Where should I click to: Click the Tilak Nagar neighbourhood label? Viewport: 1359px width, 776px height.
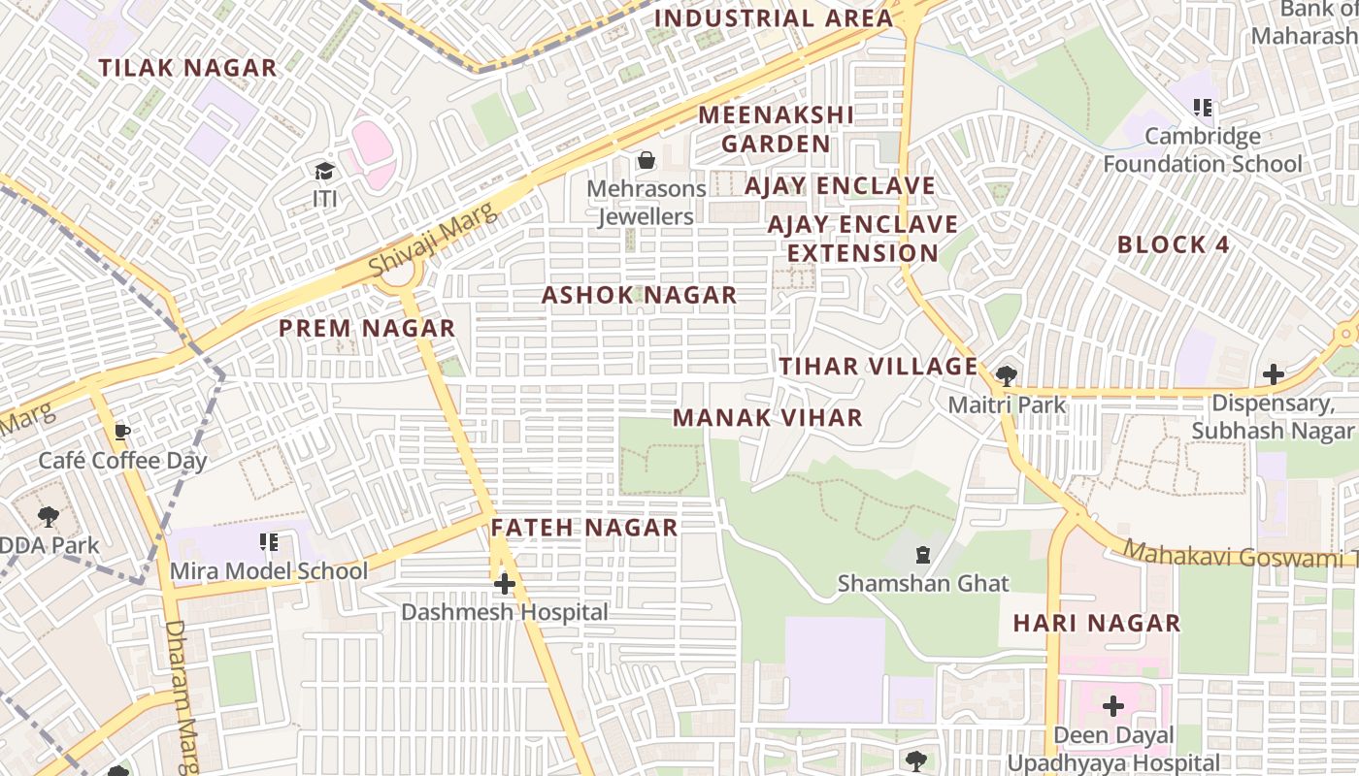pyautogui.click(x=187, y=68)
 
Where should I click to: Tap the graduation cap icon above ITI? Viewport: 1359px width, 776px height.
pyautogui.click(x=324, y=172)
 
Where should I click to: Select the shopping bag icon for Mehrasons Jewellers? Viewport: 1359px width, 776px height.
pyautogui.click(x=646, y=160)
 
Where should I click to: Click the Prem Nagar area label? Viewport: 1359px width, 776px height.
pyautogui.click(x=367, y=329)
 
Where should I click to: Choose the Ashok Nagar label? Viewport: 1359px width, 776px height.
pyautogui.click(x=639, y=296)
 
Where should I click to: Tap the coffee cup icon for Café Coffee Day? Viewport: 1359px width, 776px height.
pyautogui.click(x=122, y=432)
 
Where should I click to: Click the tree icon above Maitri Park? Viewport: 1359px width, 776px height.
pyautogui.click(x=1006, y=375)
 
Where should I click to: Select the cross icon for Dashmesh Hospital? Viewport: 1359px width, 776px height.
pyautogui.click(x=505, y=584)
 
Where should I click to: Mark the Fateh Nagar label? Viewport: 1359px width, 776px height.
pyautogui.click(x=583, y=528)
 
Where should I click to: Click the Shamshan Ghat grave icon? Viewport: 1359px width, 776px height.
pyautogui.click(x=922, y=555)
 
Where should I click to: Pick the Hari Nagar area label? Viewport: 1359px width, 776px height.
pyautogui.click(x=1097, y=623)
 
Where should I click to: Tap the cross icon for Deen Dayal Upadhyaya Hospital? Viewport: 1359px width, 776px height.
pyautogui.click(x=1112, y=706)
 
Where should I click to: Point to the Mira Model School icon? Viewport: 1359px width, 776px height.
pyautogui.click(x=269, y=542)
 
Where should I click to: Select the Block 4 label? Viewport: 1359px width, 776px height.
pyautogui.click(x=1173, y=244)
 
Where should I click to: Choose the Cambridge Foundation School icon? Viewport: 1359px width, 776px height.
pyautogui.click(x=1203, y=108)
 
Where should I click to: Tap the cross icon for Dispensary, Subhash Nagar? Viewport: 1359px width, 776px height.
pyautogui.click(x=1273, y=374)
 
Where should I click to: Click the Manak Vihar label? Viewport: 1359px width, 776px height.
pyautogui.click(x=767, y=418)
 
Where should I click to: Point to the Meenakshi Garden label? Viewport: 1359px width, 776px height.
pyautogui.click(x=776, y=129)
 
